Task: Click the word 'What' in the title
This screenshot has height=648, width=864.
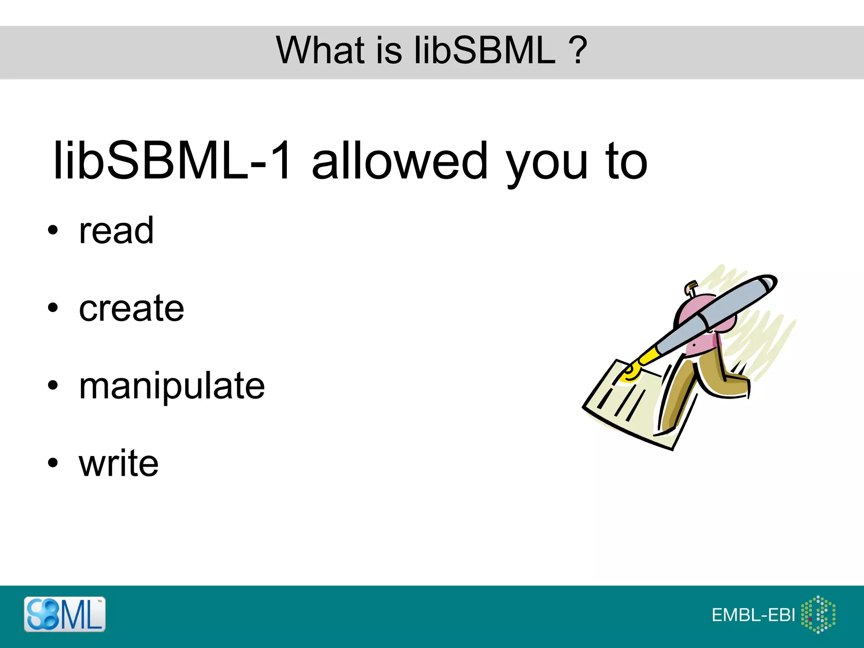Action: (x=320, y=51)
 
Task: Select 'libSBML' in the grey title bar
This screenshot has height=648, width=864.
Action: (x=485, y=51)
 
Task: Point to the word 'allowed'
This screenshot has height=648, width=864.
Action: (x=399, y=162)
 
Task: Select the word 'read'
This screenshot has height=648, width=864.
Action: (x=116, y=231)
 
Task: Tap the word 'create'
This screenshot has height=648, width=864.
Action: (x=131, y=308)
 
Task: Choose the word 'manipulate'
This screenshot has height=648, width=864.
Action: (x=172, y=386)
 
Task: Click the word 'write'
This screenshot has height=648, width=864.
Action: (x=119, y=463)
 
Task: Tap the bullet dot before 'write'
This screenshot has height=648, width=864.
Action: (x=52, y=463)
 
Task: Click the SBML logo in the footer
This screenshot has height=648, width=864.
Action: (x=65, y=614)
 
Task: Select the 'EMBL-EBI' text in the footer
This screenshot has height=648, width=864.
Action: (x=753, y=616)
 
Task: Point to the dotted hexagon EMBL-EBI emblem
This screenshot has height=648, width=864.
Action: (x=818, y=614)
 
